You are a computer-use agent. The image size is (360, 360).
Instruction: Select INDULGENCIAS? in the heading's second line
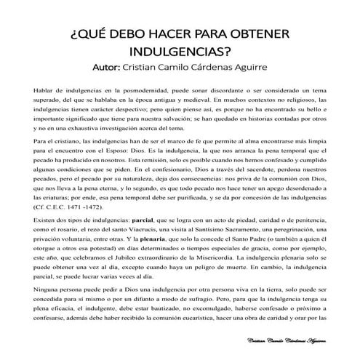tap(180, 53)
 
